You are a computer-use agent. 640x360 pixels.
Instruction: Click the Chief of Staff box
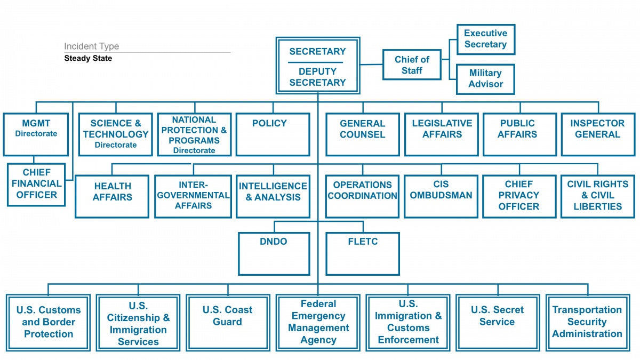[412, 65]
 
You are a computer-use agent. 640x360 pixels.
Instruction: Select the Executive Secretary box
[486, 39]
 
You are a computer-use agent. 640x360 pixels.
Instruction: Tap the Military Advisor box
[485, 79]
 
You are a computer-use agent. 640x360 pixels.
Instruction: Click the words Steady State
[88, 58]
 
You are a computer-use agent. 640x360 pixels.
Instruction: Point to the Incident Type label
[91, 46]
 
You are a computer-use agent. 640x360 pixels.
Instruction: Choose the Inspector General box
[598, 134]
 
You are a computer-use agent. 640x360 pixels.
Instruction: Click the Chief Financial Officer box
[36, 185]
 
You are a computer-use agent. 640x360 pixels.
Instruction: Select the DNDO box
[274, 254]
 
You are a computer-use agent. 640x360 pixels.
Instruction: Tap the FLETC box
[363, 254]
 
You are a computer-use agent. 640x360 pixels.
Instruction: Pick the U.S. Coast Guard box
[228, 323]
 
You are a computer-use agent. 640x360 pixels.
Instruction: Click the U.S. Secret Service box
[498, 323]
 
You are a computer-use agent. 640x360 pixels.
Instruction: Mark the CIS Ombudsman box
[441, 197]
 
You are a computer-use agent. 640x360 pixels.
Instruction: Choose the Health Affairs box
[112, 197]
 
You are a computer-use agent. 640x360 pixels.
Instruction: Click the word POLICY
[269, 123]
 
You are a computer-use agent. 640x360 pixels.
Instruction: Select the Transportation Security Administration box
[588, 323]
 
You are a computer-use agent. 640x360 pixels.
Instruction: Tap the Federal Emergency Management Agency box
[318, 323]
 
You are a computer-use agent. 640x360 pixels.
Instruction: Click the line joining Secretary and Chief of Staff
[371, 65]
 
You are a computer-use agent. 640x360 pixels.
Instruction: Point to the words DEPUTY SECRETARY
[317, 77]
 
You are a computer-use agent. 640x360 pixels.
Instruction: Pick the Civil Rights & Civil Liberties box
[598, 197]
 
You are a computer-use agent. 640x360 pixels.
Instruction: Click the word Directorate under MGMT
[36, 133]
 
